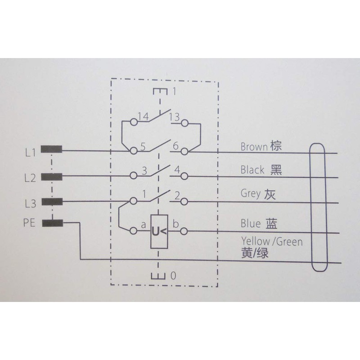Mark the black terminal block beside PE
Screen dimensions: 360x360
(51, 222)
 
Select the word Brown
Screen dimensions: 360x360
(254, 147)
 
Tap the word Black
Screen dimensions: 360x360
(253, 170)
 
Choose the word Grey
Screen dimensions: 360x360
(251, 194)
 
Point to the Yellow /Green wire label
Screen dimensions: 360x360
(272, 241)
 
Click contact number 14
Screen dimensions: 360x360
(143, 117)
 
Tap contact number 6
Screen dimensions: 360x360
(175, 145)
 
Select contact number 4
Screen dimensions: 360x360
(176, 170)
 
